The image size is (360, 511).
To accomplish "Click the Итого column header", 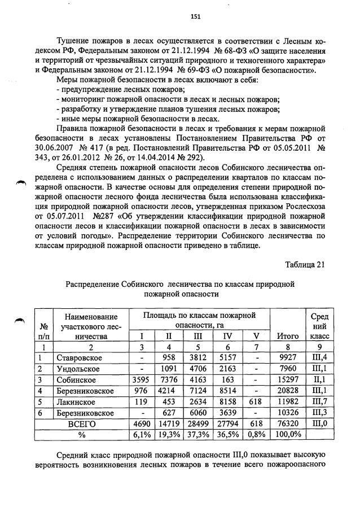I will (288, 337).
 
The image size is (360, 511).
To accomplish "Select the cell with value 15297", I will (288, 379).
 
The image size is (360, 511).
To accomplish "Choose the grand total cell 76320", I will (288, 423).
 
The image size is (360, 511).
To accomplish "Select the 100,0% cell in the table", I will (288, 435).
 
